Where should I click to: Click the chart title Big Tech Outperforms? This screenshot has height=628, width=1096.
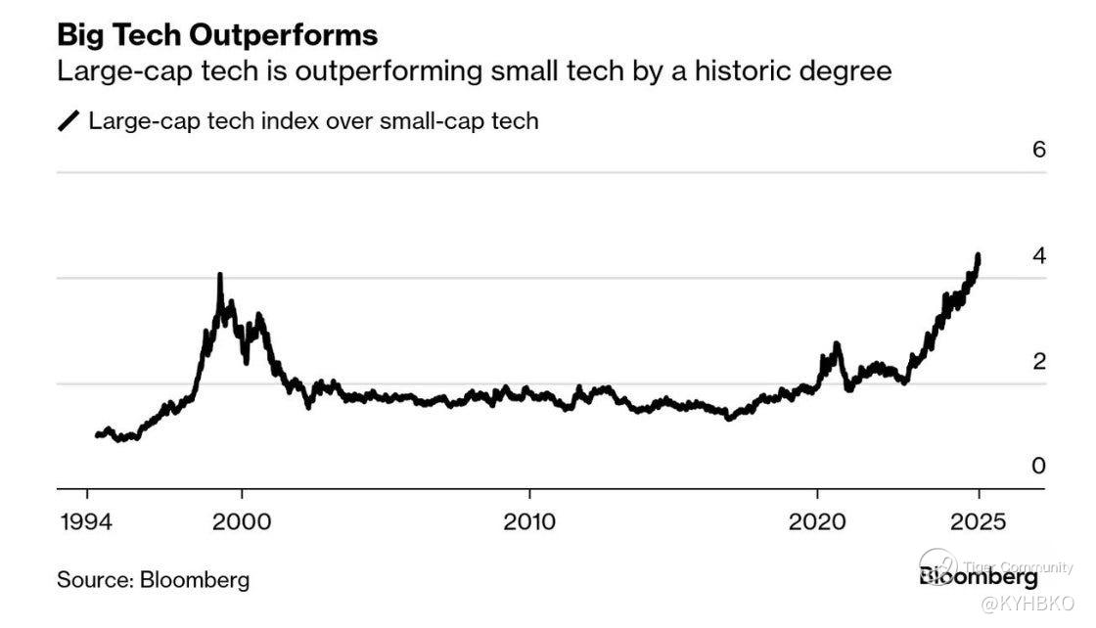point(217,35)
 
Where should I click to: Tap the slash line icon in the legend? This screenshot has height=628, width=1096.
point(69,121)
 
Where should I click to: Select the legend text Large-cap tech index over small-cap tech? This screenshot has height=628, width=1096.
point(313,121)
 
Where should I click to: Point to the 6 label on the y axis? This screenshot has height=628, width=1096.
point(1039,150)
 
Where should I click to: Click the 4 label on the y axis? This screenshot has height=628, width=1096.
point(1039,255)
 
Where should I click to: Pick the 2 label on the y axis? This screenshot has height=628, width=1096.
point(1039,361)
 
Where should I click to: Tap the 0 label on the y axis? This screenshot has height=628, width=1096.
point(1039,466)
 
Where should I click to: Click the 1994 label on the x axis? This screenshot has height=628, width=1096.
point(87,521)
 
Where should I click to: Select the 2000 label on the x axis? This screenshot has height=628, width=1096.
point(241,521)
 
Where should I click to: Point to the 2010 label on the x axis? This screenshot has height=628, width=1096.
point(529,521)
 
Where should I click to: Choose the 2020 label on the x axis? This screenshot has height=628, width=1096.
point(817,521)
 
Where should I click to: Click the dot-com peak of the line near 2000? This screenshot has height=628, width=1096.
point(219,275)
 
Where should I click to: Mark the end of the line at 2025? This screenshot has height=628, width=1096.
point(979,256)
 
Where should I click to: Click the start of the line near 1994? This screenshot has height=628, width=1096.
point(97,434)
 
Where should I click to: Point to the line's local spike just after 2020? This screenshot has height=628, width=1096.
point(837,344)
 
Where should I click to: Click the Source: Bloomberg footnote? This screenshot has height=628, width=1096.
point(153,579)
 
